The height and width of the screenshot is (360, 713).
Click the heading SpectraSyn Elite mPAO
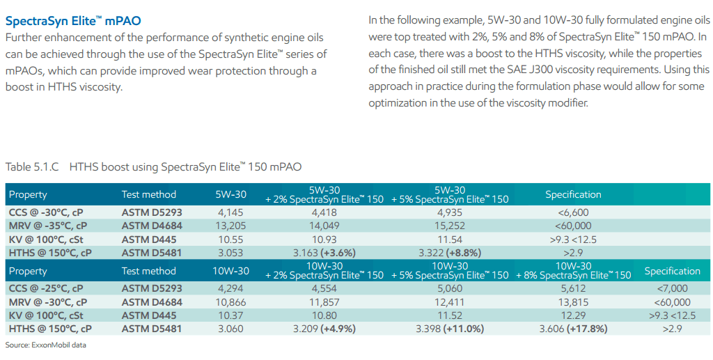pyautogui.click(x=67, y=22)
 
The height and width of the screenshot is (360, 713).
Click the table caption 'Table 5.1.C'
pyautogui.click(x=32, y=167)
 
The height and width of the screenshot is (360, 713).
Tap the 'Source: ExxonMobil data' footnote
pyautogui.click(x=45, y=345)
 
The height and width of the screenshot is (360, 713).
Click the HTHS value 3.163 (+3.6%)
pyautogui.click(x=324, y=252)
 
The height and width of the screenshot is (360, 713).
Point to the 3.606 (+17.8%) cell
pyautogui.click(x=573, y=329)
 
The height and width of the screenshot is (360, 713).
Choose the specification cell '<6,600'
pyautogui.click(x=573, y=212)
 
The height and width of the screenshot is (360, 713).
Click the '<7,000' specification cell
pyautogui.click(x=672, y=288)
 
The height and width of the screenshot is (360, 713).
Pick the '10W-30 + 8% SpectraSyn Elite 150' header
pyautogui.click(x=573, y=271)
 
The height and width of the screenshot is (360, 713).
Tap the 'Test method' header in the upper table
pyautogui.click(x=148, y=194)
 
